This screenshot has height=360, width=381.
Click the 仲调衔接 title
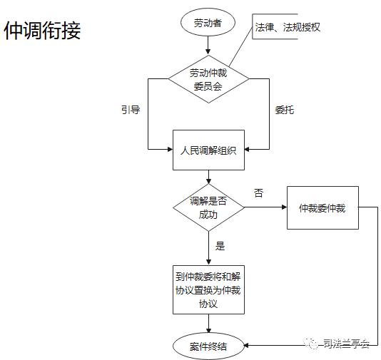(x=42, y=30)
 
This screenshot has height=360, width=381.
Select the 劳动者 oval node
(x=208, y=22)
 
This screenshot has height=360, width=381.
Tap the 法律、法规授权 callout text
(x=288, y=27)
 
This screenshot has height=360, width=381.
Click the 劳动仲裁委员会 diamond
(x=208, y=79)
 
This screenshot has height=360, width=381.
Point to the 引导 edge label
(x=131, y=110)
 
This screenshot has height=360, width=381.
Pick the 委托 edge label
(x=285, y=110)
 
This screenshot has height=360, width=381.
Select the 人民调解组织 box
(x=208, y=150)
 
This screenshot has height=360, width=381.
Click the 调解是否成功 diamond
(x=208, y=207)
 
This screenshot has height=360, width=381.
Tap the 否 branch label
(x=258, y=193)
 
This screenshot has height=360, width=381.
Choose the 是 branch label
(x=220, y=246)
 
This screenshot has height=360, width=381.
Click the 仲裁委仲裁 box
(x=322, y=207)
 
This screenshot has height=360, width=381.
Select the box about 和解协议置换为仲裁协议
(x=208, y=290)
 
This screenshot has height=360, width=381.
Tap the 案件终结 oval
(x=208, y=346)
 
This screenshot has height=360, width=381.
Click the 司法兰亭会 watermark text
(x=346, y=344)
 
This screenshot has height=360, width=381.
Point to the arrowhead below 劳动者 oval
(x=208, y=51)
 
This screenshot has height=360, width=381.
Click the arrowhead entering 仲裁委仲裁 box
(x=284, y=207)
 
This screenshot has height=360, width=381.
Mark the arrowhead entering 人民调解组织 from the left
(x=170, y=149)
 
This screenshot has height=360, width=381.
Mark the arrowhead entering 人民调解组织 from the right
(x=247, y=149)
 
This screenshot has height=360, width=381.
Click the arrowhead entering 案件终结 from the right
(x=246, y=345)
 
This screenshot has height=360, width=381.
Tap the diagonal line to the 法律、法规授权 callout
(x=240, y=46)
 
